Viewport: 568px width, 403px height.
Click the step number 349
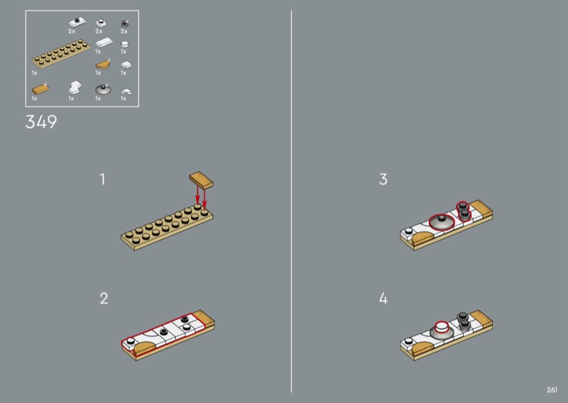tap(41, 122)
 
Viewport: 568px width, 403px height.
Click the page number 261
tap(552, 390)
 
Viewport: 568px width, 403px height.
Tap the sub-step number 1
tap(102, 180)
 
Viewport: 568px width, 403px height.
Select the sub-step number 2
tap(104, 299)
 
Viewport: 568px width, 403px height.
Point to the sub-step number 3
tap(383, 180)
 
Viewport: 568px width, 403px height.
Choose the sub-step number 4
tap(383, 299)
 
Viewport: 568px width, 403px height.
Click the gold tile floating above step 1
tap(201, 180)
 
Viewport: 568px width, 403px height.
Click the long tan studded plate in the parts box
tap(61, 53)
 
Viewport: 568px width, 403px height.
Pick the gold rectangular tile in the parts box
tap(40, 89)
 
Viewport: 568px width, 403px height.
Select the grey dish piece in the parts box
tap(103, 89)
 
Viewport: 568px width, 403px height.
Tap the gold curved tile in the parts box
tap(103, 65)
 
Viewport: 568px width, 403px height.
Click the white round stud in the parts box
tap(124, 45)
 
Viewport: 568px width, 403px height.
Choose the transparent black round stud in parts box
tap(124, 24)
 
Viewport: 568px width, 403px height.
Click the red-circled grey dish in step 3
tap(442, 222)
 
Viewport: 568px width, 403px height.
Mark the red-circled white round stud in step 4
tap(441, 327)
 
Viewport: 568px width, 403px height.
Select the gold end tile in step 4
tap(481, 317)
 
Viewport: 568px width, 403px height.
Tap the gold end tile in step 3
tap(481, 207)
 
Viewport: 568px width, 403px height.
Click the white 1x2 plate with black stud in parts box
tap(77, 23)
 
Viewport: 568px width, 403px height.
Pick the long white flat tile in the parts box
tap(104, 43)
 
